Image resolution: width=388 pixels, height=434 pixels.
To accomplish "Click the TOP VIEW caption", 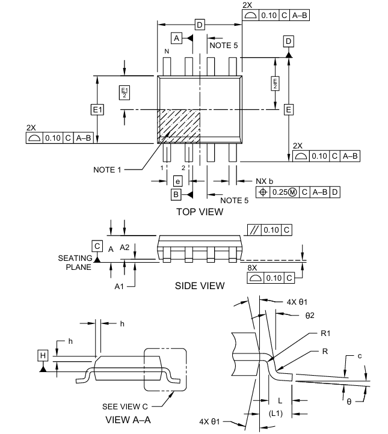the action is click(200, 212).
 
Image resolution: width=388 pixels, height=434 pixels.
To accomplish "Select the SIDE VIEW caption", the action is click(200, 286).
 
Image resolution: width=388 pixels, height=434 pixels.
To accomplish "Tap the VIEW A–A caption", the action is click(128, 420).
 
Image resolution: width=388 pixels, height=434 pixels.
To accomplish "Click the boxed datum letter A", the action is click(176, 38).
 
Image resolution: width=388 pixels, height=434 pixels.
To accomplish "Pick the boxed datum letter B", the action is click(176, 195).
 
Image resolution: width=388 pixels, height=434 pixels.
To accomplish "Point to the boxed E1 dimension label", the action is click(97, 109).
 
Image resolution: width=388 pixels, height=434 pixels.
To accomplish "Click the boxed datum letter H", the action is click(43, 355).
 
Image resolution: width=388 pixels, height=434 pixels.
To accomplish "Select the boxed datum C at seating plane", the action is click(97, 246).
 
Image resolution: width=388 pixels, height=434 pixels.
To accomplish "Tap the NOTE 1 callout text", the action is click(107, 170).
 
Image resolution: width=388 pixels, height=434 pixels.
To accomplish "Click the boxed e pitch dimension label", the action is click(177, 182).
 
